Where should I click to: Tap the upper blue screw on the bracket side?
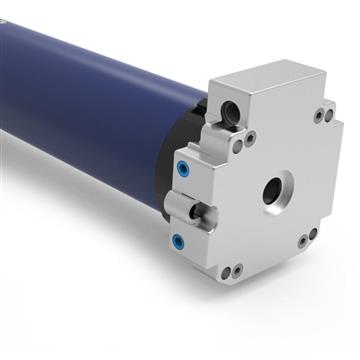coord(183,168)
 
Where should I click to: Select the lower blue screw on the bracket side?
coord(177,241)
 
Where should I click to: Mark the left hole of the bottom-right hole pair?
coord(302,241)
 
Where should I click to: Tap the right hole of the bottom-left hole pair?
coord(238,269)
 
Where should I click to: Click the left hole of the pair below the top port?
coord(237,146)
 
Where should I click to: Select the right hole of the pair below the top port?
coord(249,137)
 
